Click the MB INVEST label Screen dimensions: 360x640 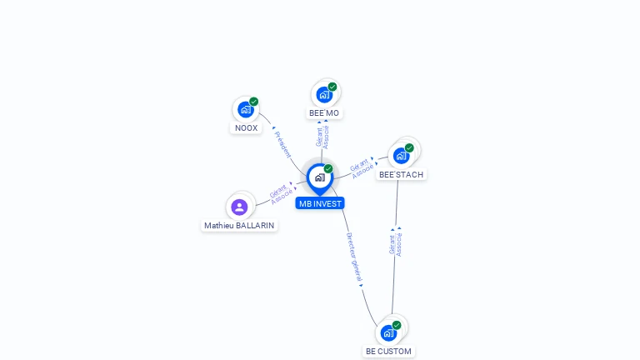[319, 203]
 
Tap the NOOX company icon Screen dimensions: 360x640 [246, 109]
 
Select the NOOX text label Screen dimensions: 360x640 [246, 128]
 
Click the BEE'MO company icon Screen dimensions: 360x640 [324, 94]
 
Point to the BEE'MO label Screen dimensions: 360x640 [324, 113]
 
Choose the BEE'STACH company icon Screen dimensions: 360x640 [402, 156]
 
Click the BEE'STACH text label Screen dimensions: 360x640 [401, 175]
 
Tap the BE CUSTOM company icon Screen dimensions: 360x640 [388, 332]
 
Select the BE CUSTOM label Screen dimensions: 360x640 [388, 352]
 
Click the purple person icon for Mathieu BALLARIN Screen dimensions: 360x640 [240, 207]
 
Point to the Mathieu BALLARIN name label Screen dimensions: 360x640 [239, 226]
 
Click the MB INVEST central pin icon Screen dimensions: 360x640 [319, 177]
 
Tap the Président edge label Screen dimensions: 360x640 [282, 143]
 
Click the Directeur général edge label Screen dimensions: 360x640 [354, 256]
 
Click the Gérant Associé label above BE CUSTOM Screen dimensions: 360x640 [396, 242]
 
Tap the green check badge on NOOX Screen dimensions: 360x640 [253, 102]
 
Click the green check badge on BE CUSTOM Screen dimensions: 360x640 [397, 325]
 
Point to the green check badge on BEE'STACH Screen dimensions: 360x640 [409, 148]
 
